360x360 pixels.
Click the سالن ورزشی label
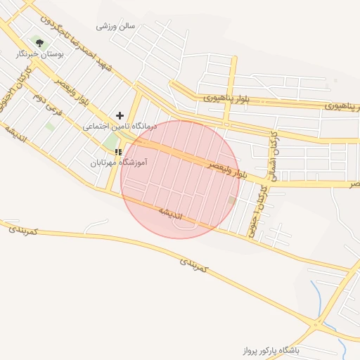[x=115, y=26]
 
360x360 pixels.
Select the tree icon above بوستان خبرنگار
[x=39, y=42]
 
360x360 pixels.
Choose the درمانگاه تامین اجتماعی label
[x=120, y=128]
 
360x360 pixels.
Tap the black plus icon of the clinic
[x=120, y=115]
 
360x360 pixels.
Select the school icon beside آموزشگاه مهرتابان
[x=119, y=151]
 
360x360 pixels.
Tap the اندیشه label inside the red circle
[x=169, y=212]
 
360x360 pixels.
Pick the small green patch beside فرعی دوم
[x=50, y=126]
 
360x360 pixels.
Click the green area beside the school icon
[x=110, y=141]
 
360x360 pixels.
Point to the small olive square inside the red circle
[x=232, y=201]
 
